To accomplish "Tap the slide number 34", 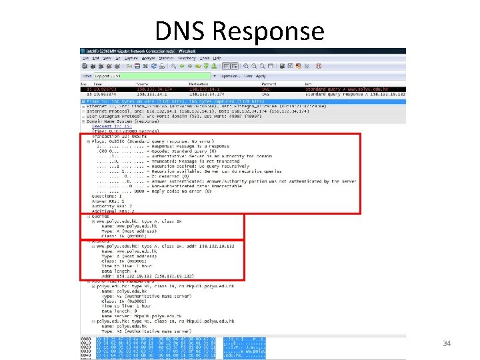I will (447, 343).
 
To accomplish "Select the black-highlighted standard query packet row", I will (220, 89).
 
